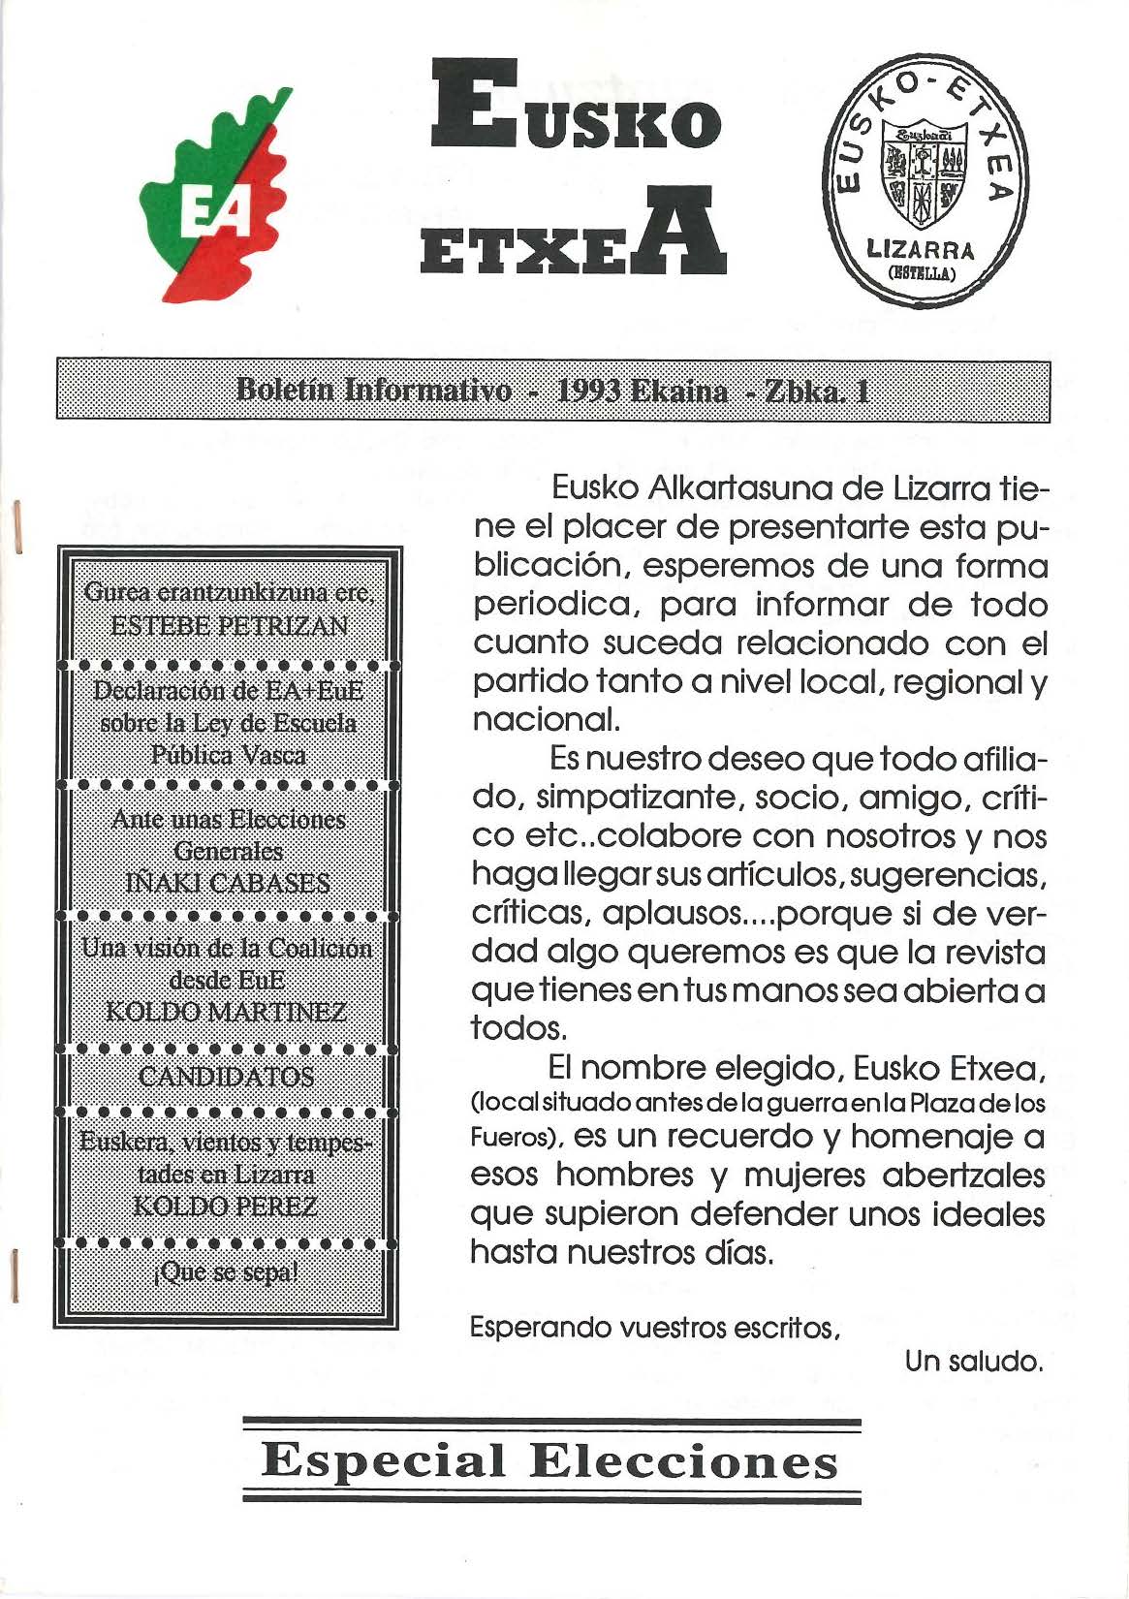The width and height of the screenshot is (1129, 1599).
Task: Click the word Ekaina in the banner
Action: [680, 391]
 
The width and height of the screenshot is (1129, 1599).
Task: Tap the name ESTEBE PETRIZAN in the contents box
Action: [229, 625]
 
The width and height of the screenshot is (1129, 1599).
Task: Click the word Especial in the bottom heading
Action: [385, 1460]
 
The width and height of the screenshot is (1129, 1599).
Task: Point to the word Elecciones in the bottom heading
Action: [684, 1460]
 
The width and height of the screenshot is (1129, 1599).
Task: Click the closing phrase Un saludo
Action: [974, 1363]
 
